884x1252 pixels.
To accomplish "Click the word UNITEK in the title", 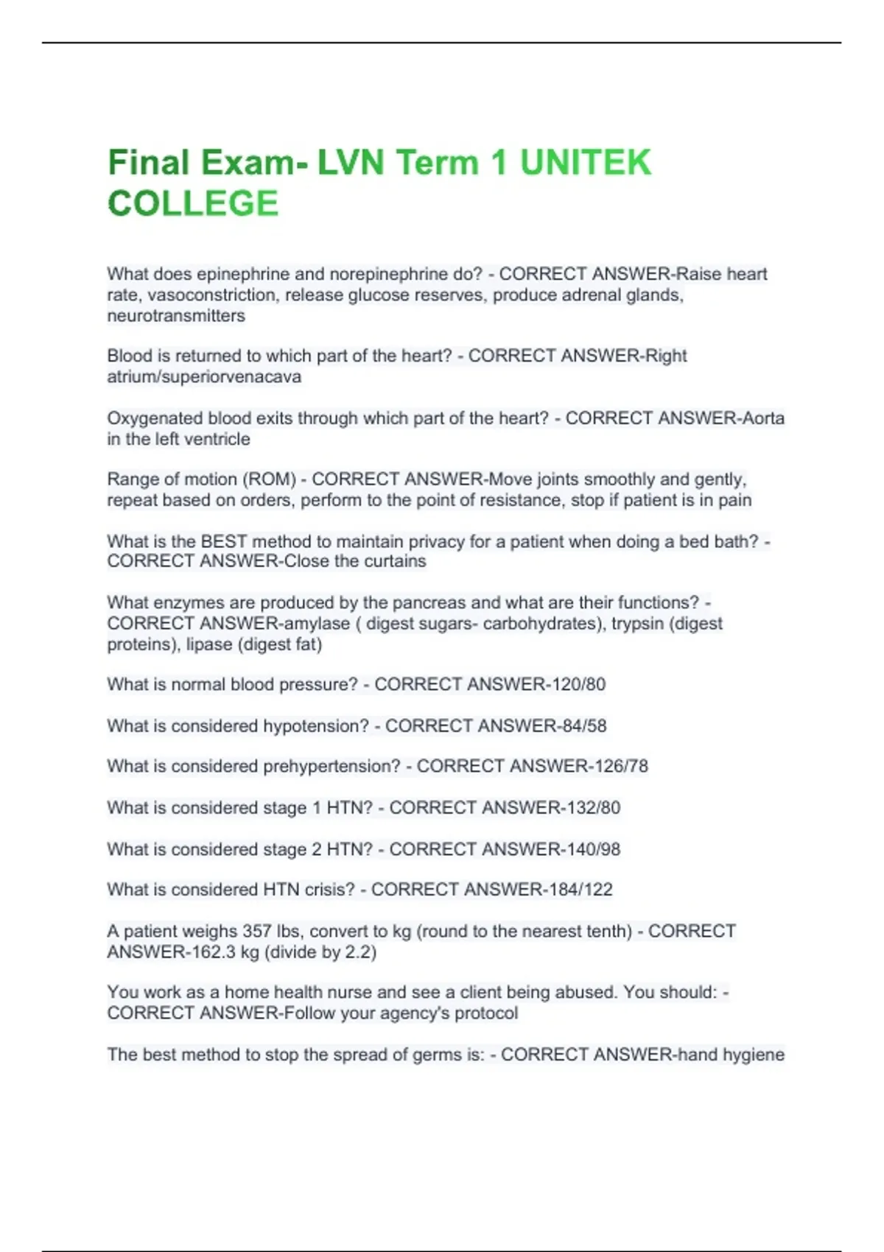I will coord(586,163).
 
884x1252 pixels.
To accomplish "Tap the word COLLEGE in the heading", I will coord(193,203).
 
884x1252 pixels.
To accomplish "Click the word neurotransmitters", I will coord(176,316).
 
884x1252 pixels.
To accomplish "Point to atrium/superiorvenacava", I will coord(204,377).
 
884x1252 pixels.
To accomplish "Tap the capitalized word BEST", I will coord(223,541).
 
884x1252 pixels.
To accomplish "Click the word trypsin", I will coord(636,624).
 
